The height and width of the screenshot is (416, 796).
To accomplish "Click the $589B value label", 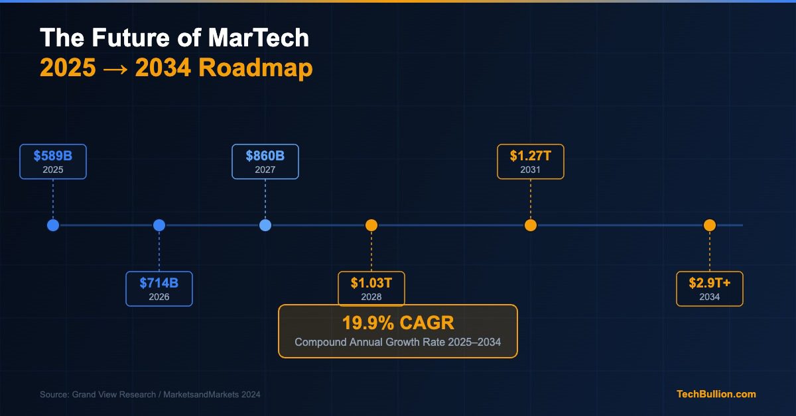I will tap(53, 156).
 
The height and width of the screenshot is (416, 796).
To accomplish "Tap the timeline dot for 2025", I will tap(53, 225).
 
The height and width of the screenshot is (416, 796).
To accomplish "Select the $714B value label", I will tap(159, 283).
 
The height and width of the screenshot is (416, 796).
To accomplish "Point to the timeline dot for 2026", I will tap(159, 225).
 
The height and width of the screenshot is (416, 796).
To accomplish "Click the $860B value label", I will tap(265, 156).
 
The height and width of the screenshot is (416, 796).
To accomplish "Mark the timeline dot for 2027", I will tap(265, 225).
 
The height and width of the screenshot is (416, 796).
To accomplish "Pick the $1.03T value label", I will tap(371, 283).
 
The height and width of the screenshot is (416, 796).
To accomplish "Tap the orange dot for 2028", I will tap(371, 225).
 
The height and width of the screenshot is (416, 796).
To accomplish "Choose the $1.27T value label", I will tap(531, 156).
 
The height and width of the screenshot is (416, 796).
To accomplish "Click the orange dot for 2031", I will tap(531, 225).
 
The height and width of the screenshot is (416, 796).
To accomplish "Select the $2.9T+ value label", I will tap(710, 283).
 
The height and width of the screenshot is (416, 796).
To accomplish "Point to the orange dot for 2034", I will tap(710, 225).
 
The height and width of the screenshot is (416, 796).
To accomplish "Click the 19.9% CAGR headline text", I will tap(398, 323).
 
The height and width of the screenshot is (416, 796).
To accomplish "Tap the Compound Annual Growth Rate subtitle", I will tap(398, 342).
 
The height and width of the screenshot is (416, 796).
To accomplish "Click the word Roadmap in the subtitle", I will tap(255, 68).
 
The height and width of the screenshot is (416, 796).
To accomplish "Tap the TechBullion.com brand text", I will tap(716, 394).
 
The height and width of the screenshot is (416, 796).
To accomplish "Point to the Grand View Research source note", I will tap(150, 395).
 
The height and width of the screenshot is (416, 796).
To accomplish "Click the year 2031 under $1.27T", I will tap(531, 170).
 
